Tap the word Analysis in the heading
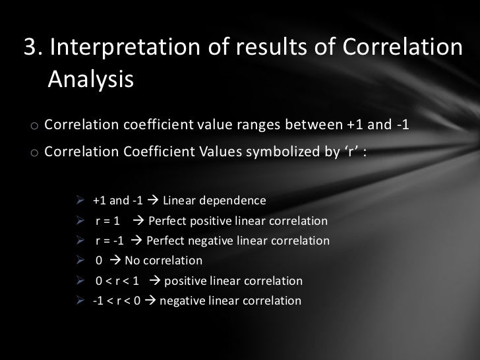tap(90, 79)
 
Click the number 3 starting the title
tap(29, 47)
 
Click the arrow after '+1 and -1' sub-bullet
tap(152, 200)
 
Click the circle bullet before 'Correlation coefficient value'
tap(32, 126)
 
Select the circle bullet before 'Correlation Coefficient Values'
tap(32, 153)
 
